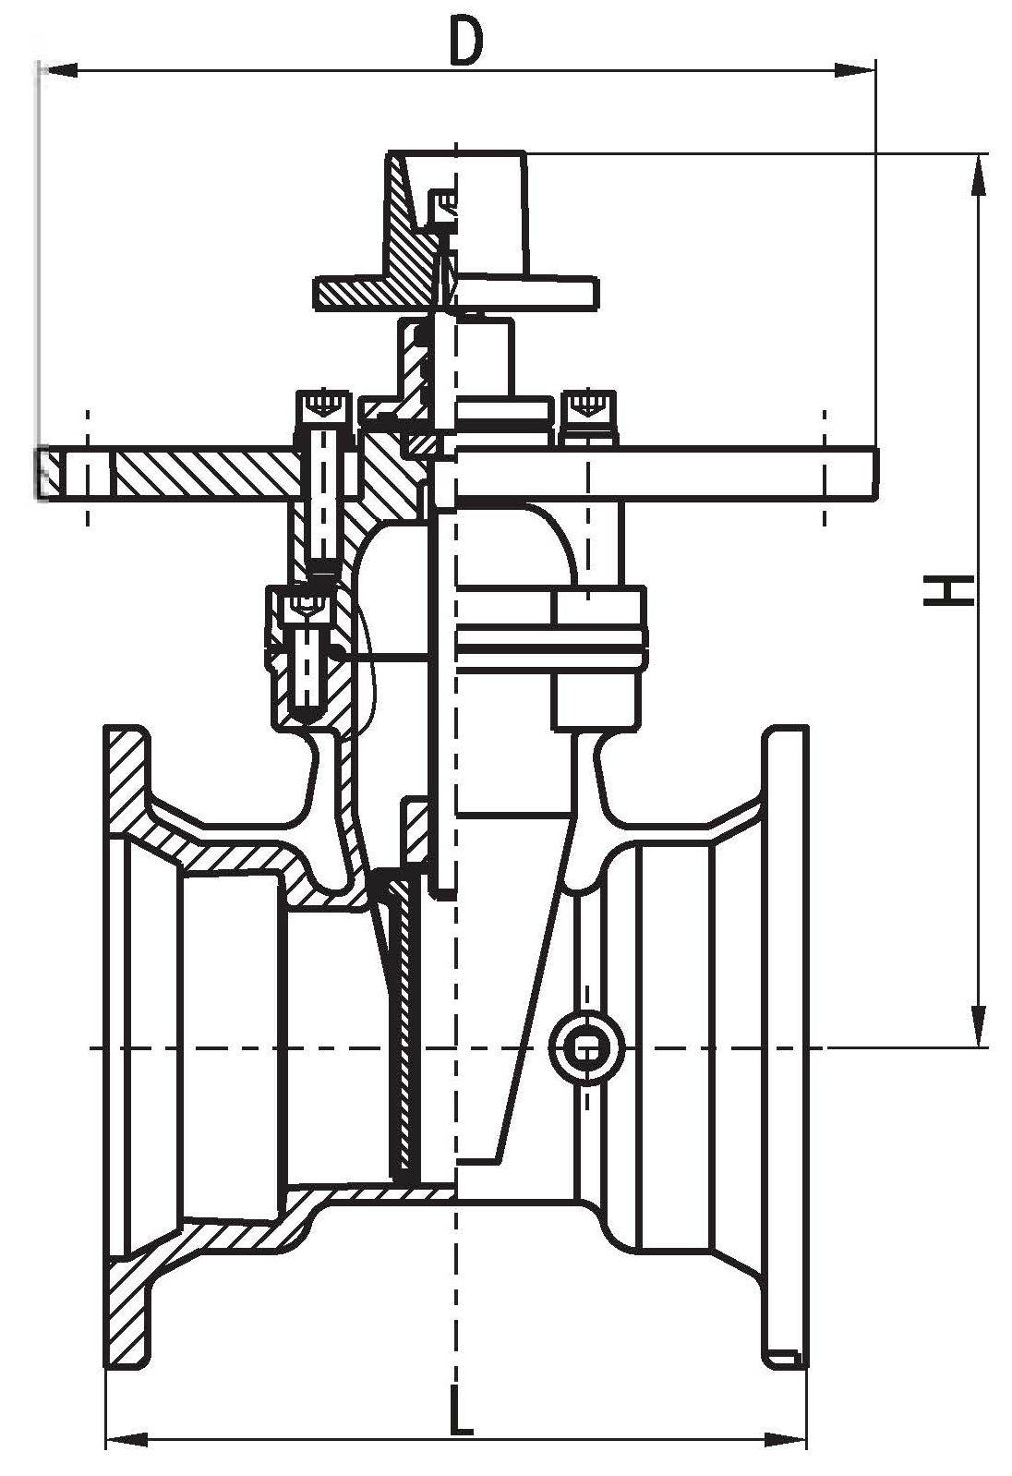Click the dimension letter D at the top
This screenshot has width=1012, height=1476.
point(465,41)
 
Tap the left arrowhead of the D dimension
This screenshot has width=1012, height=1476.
point(59,70)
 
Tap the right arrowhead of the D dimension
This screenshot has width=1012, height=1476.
point(855,70)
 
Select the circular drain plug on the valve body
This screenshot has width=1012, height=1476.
point(586,1047)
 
